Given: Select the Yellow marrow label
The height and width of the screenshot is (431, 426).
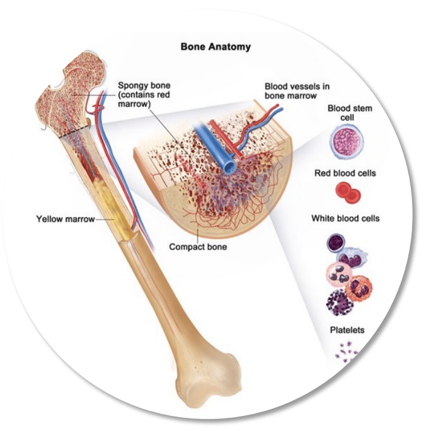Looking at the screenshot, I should click(x=65, y=219).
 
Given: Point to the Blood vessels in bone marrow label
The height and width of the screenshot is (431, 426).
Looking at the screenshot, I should click(x=297, y=91).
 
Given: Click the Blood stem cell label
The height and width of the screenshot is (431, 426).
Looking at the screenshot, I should click(x=350, y=113).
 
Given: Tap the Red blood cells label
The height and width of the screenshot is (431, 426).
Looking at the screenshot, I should click(x=345, y=173).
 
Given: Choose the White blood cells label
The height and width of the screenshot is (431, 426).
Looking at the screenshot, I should click(x=345, y=218).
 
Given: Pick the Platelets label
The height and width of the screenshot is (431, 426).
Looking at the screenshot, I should click(x=347, y=330).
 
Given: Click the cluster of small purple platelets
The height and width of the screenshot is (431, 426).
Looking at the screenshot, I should click(x=346, y=350).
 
